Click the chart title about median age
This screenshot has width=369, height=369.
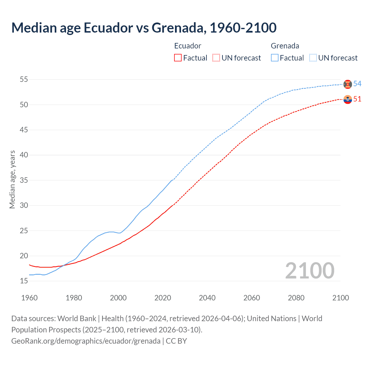tap(144, 28)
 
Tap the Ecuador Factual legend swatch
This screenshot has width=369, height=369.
tap(178, 58)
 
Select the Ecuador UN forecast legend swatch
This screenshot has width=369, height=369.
tap(216, 58)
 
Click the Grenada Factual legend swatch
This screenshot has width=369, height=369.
tap(275, 58)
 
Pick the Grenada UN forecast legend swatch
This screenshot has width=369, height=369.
tap(313, 58)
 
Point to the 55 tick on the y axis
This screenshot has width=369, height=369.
tap(24, 79)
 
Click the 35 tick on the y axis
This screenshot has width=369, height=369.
tap(24, 180)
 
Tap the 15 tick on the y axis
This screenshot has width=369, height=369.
tap(24, 281)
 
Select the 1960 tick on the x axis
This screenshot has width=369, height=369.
tap(29, 298)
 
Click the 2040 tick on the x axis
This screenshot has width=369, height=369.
tap(207, 298)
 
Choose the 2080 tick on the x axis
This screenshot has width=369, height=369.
tap(296, 298)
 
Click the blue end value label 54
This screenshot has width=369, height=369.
tap(357, 84)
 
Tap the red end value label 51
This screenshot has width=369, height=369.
tap(357, 99)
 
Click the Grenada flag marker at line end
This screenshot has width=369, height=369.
tap(348, 84)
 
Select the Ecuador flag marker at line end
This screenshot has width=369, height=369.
tap(348, 99)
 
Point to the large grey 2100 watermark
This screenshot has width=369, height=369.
tap(310, 271)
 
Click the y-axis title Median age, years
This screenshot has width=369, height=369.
tap(12, 179)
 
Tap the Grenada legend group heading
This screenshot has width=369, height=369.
tap(285, 46)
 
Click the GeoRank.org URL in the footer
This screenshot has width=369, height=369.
tap(86, 341)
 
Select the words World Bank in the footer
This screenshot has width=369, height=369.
tap(77, 319)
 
